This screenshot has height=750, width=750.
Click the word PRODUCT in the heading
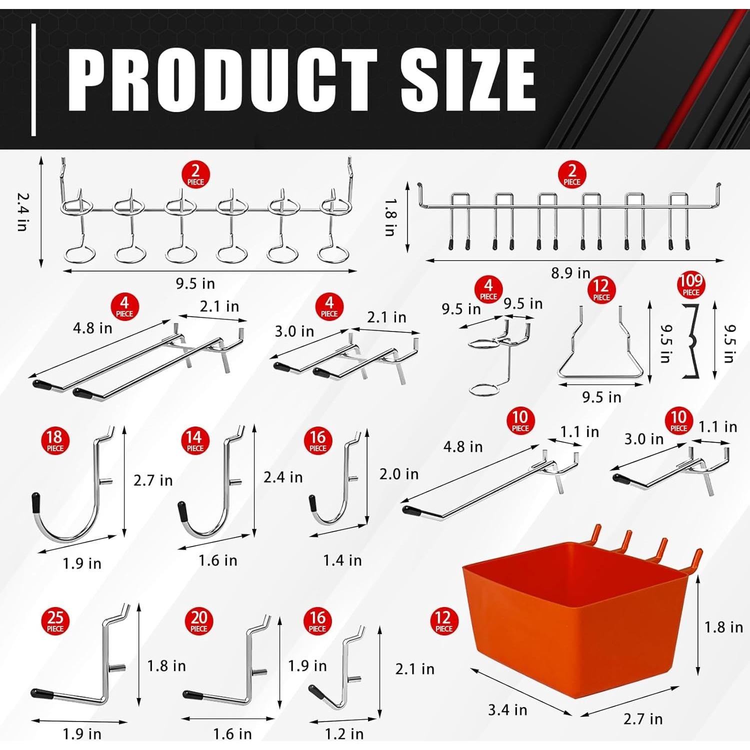(222, 80)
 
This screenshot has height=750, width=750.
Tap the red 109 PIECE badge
(690, 285)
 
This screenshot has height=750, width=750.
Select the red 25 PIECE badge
(55, 621)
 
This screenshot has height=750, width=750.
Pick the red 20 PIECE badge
(198, 621)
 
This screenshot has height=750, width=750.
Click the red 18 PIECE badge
(55, 441)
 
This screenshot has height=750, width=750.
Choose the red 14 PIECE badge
(194, 441)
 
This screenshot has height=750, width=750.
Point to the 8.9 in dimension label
(570, 273)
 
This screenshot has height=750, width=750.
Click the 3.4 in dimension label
(507, 709)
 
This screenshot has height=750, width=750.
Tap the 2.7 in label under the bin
(642, 718)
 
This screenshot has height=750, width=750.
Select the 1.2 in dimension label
(344, 733)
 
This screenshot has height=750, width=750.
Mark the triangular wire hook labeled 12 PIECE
(600, 350)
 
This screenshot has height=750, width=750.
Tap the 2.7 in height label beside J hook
(152, 480)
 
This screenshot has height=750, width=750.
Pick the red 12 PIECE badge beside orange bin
(443, 621)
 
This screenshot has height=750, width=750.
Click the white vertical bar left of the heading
(33, 80)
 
